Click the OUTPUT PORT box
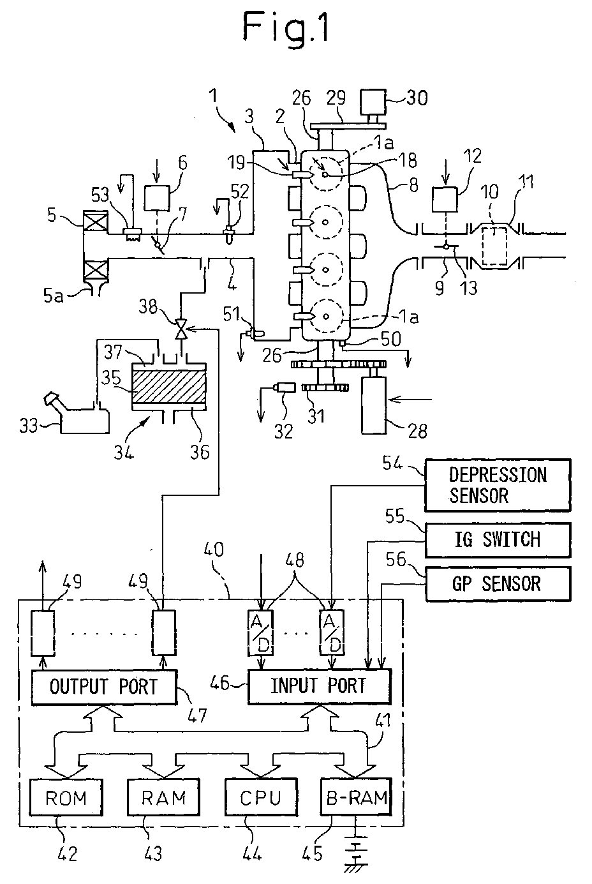104,687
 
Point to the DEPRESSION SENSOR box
498,485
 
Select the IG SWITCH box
498,540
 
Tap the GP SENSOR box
498,584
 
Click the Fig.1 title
286,27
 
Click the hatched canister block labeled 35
169,387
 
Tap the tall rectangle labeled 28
373,405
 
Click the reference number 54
392,463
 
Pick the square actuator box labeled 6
157,198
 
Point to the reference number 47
197,715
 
